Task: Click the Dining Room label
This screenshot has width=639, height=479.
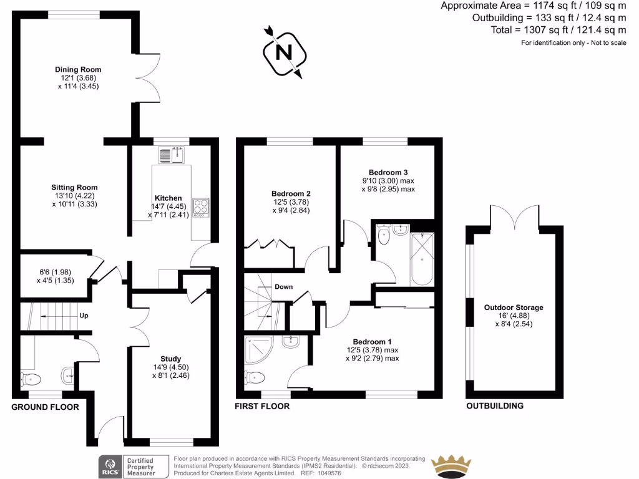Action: [x=78, y=70]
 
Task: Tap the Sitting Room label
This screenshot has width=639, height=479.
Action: [x=74, y=187]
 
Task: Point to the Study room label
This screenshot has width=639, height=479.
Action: [x=170, y=359]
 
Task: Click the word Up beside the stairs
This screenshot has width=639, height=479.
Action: [x=84, y=316]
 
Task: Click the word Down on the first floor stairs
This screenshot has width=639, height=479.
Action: [x=283, y=287]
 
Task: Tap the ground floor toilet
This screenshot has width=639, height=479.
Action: [x=31, y=379]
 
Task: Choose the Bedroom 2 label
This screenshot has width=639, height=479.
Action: [x=291, y=193]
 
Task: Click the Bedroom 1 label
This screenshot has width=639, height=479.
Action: [x=372, y=342]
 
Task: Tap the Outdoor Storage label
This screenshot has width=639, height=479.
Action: [x=514, y=307]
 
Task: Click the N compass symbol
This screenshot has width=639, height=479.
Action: [x=285, y=52]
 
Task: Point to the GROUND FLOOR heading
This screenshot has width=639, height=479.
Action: [x=46, y=407]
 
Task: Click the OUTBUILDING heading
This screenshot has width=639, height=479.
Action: [x=495, y=406]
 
